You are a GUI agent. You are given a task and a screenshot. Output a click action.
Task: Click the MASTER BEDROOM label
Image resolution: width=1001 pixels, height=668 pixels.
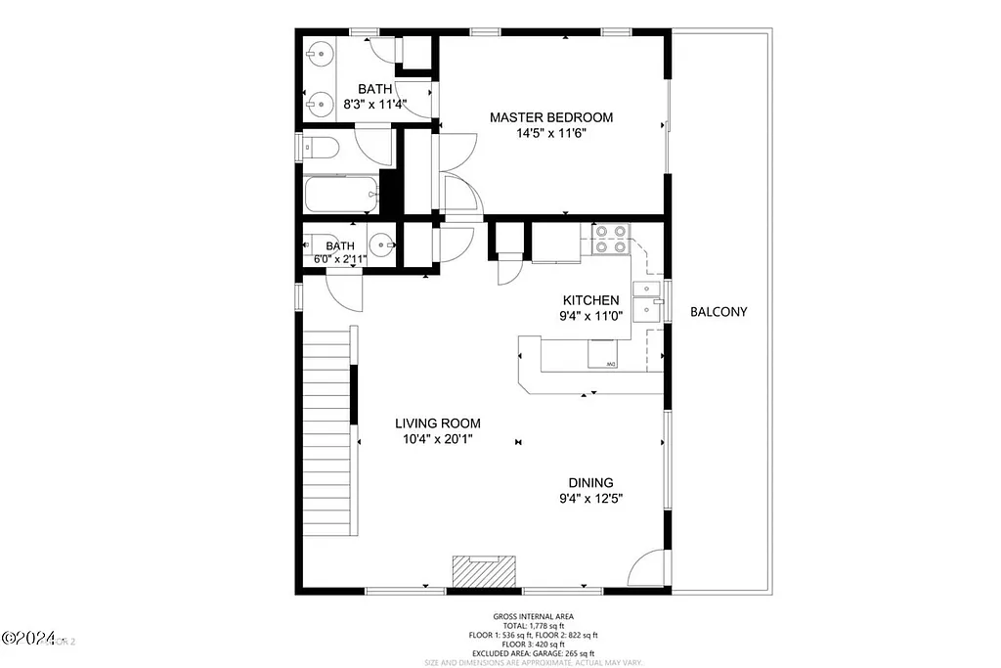(551, 117)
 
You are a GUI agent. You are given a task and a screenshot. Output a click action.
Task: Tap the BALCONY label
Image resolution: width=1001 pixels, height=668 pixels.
(718, 312)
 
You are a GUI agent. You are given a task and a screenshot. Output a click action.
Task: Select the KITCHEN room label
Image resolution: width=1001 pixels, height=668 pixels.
(589, 300)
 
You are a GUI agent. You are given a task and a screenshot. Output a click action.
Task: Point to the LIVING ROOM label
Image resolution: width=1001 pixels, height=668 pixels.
(437, 423)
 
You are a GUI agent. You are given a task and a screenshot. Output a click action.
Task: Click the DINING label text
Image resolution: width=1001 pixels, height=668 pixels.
(590, 482)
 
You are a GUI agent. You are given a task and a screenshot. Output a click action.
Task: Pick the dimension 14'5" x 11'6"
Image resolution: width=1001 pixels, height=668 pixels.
(551, 134)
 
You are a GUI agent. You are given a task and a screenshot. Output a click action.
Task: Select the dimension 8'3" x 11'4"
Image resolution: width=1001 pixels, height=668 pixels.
(374, 104)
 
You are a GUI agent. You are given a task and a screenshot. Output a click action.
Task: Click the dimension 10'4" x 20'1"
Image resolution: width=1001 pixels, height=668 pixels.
(437, 439)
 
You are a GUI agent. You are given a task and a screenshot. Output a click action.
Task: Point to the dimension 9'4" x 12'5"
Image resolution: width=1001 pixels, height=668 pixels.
(590, 498)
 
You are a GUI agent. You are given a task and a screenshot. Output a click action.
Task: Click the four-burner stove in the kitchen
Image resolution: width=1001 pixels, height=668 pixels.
(610, 240)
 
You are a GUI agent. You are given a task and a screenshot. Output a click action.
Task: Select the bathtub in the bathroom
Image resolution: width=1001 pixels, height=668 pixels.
(341, 195)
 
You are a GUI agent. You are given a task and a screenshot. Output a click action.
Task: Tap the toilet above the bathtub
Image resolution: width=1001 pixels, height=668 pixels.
(320, 148)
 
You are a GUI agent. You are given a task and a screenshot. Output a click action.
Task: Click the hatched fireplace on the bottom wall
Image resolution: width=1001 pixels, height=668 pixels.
(482, 570)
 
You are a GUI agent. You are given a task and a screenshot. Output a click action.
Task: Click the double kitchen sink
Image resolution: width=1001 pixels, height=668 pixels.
(647, 299)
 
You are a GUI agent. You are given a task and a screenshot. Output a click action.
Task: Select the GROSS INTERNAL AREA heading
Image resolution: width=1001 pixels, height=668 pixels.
(534, 616)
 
